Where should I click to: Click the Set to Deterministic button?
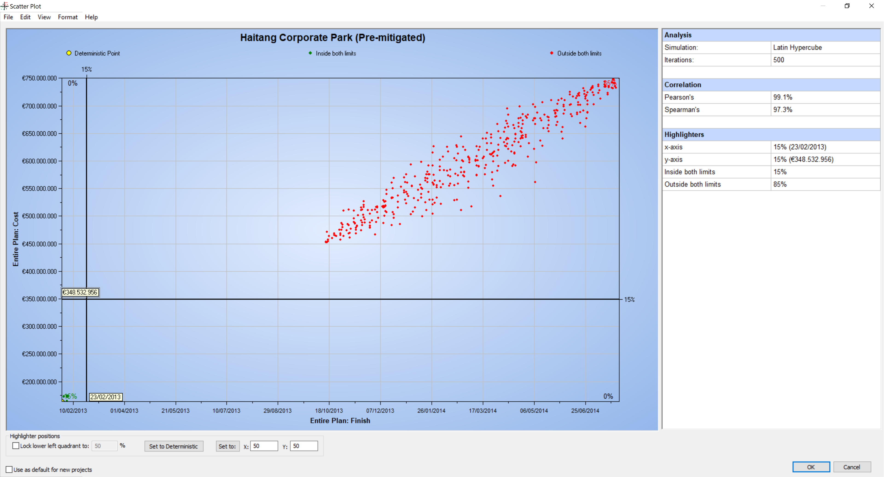[173, 446]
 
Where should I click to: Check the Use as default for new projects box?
[9, 469]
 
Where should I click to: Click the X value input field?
[264, 446]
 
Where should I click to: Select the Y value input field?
[303, 446]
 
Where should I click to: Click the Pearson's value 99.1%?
[782, 97]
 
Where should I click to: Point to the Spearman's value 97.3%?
[782, 109]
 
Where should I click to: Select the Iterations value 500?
[778, 60]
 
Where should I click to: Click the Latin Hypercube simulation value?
[797, 47]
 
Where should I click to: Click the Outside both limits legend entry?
[579, 53]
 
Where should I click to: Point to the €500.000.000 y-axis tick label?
[39, 216]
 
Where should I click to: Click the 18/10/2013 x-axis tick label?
[329, 410]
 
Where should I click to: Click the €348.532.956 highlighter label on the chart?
[80, 292]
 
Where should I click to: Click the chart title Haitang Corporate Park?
[332, 37]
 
